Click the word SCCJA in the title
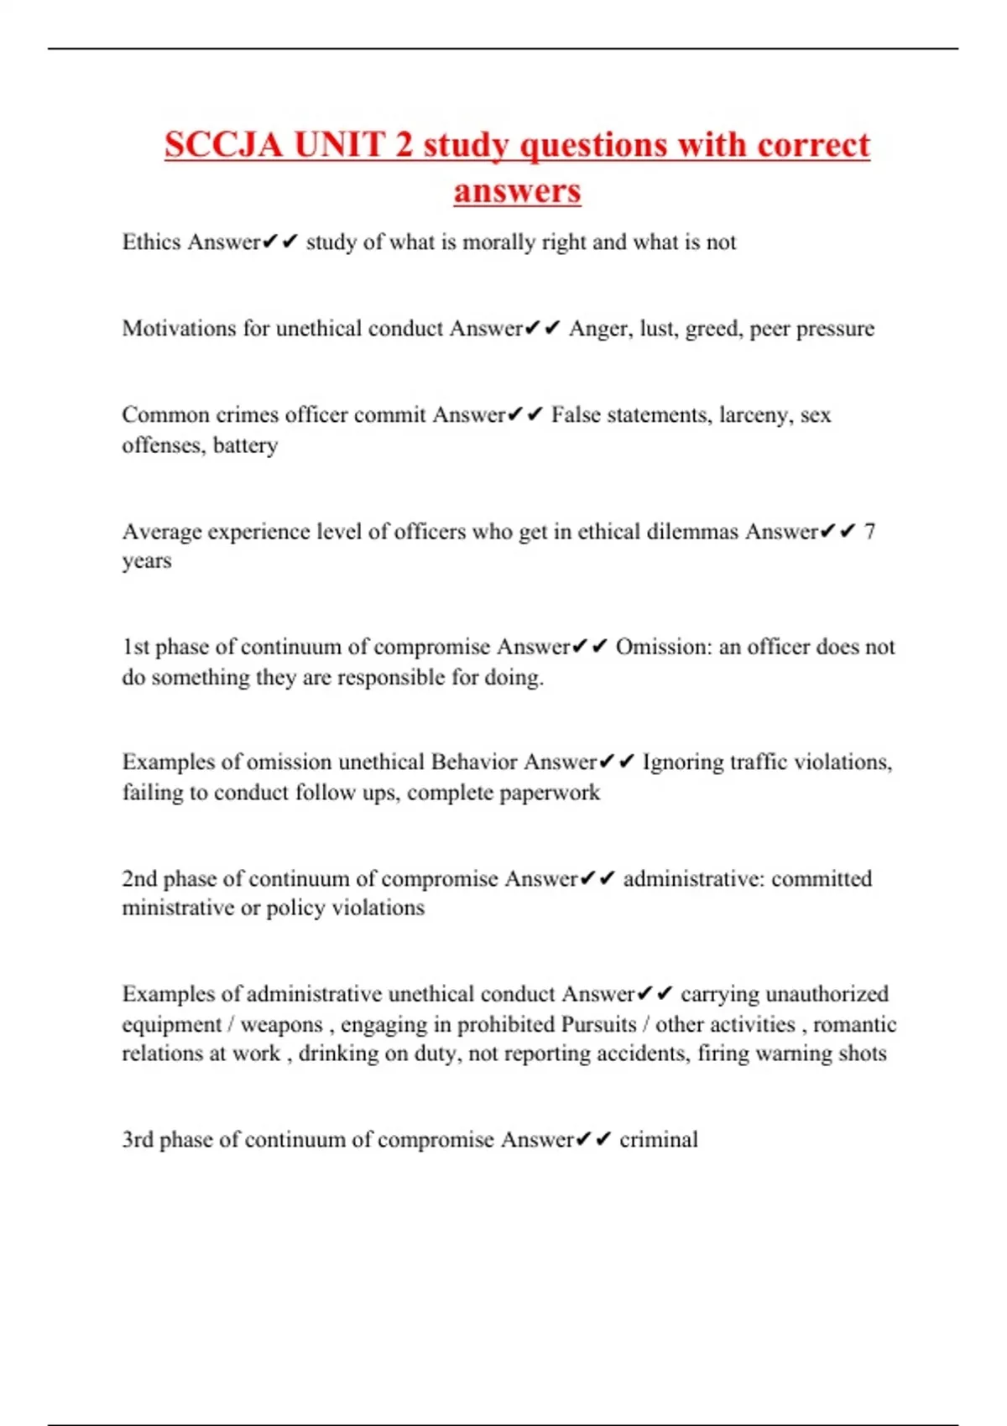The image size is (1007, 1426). [222, 144]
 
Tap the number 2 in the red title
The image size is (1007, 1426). [404, 144]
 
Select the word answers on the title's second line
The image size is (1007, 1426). [517, 190]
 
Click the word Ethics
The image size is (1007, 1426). [151, 242]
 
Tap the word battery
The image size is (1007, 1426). [245, 445]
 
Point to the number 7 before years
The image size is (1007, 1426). [869, 531]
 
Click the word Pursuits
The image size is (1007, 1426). [598, 1024]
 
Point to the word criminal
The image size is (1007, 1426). [659, 1139]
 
